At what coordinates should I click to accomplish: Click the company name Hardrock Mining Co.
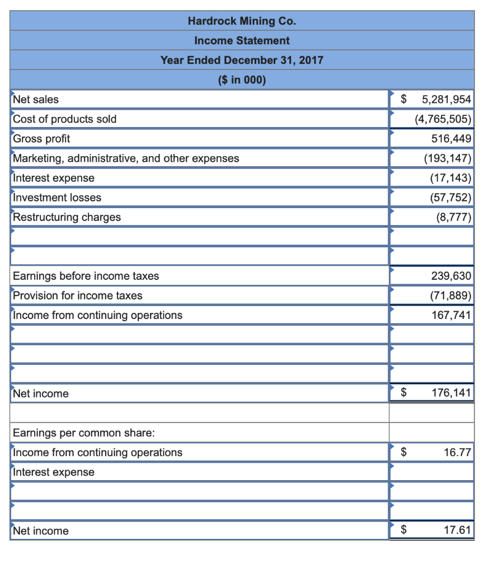click(242, 21)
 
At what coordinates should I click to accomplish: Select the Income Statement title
click(242, 41)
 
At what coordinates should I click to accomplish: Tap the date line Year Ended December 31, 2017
click(242, 60)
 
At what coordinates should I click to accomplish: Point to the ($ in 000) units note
click(242, 80)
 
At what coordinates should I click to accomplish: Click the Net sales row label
click(36, 100)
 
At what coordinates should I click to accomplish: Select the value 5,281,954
click(446, 100)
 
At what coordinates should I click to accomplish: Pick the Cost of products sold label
click(65, 119)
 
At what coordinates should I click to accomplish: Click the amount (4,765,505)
click(443, 119)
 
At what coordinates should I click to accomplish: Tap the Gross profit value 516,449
click(451, 139)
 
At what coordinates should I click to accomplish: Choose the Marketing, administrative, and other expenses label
click(126, 158)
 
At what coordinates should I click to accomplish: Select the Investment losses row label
click(57, 198)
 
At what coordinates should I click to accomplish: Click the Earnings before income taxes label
click(86, 276)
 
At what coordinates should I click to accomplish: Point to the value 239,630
click(451, 276)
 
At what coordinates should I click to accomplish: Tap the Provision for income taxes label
click(78, 295)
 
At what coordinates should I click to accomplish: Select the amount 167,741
click(451, 315)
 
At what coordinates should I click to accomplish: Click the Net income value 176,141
click(451, 393)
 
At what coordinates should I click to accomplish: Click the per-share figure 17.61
click(457, 530)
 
